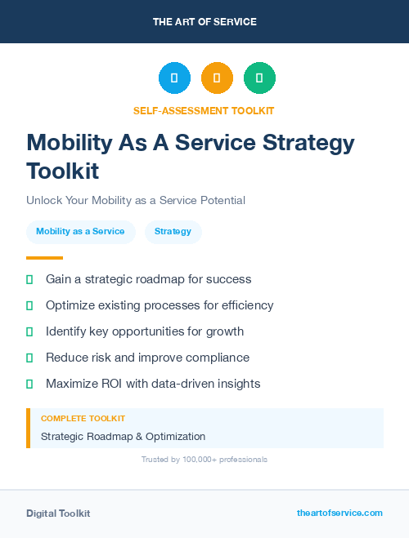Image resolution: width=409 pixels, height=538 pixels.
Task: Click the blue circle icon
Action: point(174,78)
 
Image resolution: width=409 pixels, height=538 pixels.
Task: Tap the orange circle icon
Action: point(217,78)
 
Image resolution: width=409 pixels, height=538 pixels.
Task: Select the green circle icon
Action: point(259,78)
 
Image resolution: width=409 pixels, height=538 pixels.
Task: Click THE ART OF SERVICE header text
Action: point(204,22)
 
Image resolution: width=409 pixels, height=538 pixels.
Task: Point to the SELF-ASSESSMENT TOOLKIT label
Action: point(204,110)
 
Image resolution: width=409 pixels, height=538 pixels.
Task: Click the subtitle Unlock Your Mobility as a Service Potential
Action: point(136,200)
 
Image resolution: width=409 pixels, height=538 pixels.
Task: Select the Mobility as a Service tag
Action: point(80,232)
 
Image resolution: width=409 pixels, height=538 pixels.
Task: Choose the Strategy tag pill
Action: point(173,232)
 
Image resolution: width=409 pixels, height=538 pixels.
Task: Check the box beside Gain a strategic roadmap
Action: point(29,279)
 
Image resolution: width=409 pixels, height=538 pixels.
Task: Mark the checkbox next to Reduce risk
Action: point(29,358)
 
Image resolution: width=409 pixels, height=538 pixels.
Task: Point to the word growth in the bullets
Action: point(225,331)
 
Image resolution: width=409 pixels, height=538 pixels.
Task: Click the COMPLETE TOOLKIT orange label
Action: point(83,418)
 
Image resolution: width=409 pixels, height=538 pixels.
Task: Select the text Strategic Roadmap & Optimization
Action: point(123,437)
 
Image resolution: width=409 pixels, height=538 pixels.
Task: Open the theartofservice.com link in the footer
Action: point(339,513)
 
